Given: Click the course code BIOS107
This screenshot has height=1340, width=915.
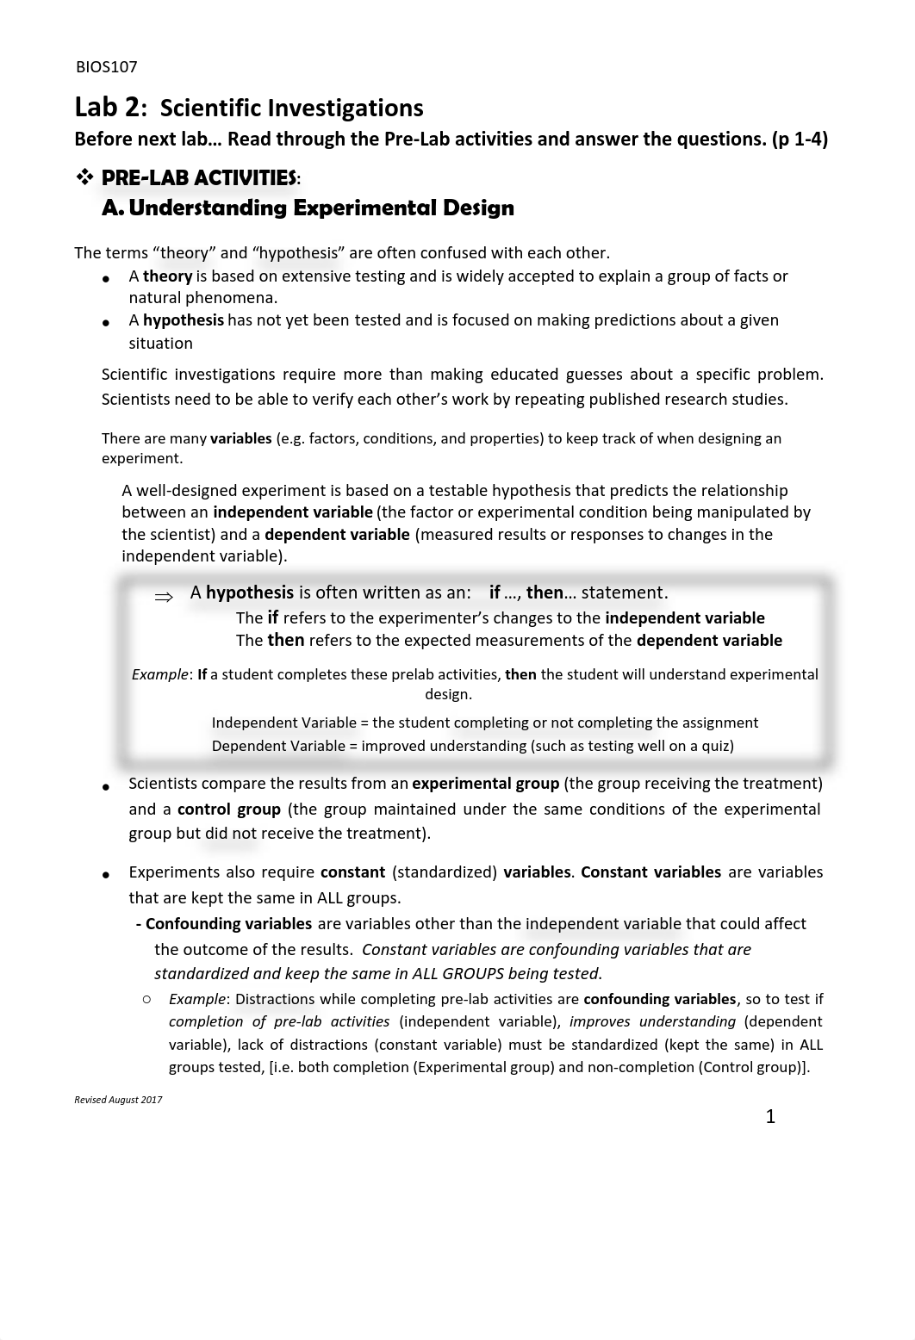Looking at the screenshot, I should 106,67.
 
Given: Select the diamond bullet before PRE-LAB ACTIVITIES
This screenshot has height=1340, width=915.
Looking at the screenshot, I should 84,177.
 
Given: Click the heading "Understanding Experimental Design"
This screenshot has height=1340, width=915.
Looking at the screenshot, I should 321,208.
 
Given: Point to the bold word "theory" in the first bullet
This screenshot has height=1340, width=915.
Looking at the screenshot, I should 167,276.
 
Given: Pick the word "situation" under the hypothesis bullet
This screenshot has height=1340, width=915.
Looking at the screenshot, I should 160,343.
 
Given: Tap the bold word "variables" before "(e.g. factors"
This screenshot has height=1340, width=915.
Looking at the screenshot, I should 240,438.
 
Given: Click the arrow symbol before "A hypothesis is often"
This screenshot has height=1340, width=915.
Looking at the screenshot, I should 164,596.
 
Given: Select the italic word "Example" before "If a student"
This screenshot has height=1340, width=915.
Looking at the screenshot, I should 159,674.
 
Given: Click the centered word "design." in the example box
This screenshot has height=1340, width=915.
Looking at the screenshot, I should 448,694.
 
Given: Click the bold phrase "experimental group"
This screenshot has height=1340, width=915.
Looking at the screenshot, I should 485,784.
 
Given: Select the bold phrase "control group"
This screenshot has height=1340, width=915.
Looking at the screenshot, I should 228,810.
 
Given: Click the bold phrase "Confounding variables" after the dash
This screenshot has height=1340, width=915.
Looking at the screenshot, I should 228,924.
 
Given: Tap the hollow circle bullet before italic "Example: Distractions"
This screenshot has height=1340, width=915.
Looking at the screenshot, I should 147,999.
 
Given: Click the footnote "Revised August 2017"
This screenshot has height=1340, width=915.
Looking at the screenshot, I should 118,1100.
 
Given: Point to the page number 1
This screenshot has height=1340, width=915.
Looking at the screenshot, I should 770,1117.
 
